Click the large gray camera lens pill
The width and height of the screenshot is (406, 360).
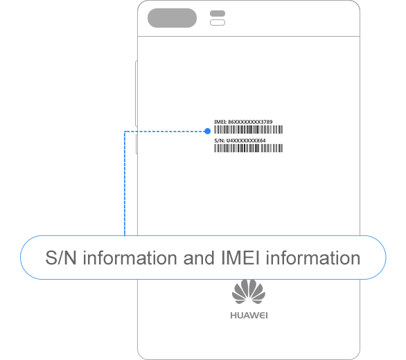(x=172, y=18)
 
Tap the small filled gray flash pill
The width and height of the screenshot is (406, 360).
(x=218, y=13)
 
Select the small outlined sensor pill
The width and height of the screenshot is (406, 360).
(x=218, y=23)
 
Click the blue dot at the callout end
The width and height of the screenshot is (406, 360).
(x=207, y=132)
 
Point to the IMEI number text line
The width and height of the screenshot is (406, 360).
(x=243, y=122)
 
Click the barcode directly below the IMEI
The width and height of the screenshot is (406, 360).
(x=248, y=129)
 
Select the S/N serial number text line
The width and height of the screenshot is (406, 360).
(x=240, y=141)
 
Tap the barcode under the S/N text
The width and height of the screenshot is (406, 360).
(x=248, y=148)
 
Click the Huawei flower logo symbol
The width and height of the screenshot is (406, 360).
(x=249, y=292)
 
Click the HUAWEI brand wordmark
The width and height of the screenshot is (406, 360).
(x=249, y=316)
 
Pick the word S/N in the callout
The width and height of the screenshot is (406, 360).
(x=61, y=258)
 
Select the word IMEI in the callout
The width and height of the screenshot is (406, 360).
(x=240, y=258)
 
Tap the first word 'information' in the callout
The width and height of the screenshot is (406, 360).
(x=130, y=258)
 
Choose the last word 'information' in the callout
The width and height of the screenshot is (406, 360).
(x=313, y=258)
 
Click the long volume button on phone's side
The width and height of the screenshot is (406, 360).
(x=136, y=93)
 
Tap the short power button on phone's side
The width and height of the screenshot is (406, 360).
(x=136, y=145)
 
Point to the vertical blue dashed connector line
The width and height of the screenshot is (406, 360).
(x=125, y=183)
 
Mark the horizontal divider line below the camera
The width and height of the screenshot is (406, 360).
(x=249, y=37)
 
